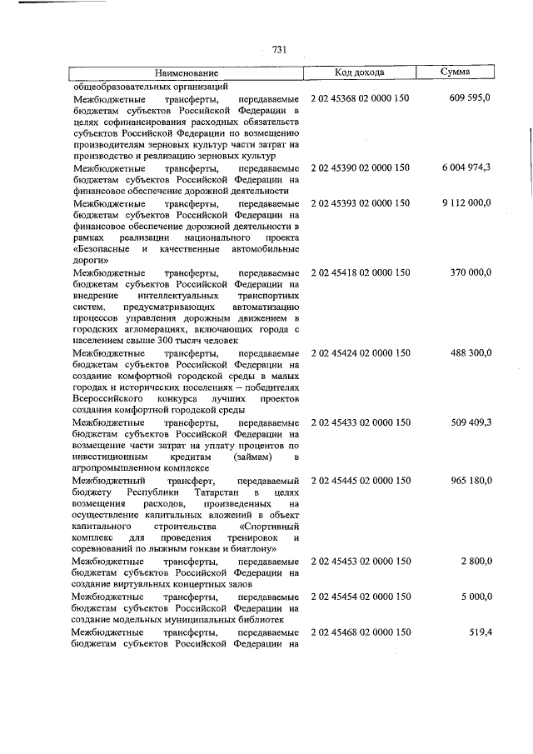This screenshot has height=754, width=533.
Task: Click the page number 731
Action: click(279, 49)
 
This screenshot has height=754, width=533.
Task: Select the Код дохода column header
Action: click(359, 72)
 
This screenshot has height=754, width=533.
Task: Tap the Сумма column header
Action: click(455, 72)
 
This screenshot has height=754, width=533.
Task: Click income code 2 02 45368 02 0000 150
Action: click(360, 98)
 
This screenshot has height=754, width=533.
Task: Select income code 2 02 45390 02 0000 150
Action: click(360, 167)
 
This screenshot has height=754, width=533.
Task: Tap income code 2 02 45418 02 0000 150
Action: click(360, 272)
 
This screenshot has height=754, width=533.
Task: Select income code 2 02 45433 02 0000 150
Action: click(360, 422)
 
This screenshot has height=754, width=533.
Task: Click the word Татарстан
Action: click(221, 492)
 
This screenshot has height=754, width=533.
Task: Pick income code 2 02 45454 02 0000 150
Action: click(360, 597)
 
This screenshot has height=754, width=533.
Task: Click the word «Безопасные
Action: click(102, 248)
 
